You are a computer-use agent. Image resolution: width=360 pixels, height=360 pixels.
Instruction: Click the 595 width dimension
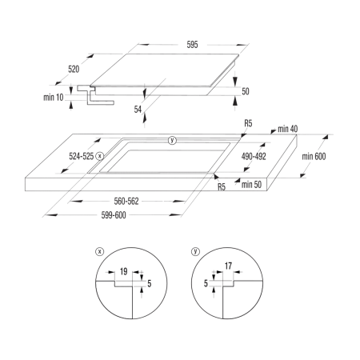pyautogui.click(x=192, y=45)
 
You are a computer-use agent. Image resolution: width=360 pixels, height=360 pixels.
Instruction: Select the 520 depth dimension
pyautogui.click(x=74, y=69)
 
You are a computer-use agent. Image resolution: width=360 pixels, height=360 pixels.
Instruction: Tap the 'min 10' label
pyautogui.click(x=54, y=98)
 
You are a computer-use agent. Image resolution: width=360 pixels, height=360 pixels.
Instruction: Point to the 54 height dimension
pyautogui.click(x=138, y=110)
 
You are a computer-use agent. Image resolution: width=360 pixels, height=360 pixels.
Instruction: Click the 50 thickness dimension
pyautogui.click(x=246, y=91)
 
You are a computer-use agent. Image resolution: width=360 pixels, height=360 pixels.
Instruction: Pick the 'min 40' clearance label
pyautogui.click(x=287, y=129)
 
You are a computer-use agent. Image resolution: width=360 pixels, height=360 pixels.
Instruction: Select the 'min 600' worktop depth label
pyautogui.click(x=314, y=156)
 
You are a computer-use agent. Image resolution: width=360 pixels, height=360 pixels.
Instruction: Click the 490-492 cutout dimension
pyautogui.click(x=254, y=156)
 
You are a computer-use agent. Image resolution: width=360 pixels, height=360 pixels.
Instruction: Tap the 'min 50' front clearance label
pyautogui.click(x=251, y=185)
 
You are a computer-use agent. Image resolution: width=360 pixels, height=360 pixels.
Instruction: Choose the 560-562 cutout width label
pyautogui.click(x=126, y=201)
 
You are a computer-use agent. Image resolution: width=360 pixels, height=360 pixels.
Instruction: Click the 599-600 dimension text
pyautogui.click(x=114, y=215)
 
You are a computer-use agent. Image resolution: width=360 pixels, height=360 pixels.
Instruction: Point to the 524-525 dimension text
pyautogui.click(x=82, y=156)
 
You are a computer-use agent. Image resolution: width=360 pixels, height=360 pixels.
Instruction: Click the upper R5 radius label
pyautogui.click(x=248, y=123)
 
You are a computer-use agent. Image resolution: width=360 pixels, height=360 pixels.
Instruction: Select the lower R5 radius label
pyautogui.click(x=222, y=187)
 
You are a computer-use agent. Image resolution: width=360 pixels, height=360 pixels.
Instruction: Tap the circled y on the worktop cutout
pyautogui.click(x=173, y=140)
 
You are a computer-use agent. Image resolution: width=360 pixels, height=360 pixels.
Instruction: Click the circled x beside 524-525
pyautogui.click(x=100, y=156)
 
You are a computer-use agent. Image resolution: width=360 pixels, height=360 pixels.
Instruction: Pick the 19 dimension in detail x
pyautogui.click(x=123, y=272)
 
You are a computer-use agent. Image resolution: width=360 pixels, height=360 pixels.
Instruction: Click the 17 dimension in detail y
pyautogui.click(x=228, y=266)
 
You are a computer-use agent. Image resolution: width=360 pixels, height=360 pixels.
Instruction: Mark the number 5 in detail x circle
pyautogui.click(x=149, y=283)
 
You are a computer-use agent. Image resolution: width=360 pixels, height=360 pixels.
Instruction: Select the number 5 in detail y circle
pyautogui.click(x=206, y=283)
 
